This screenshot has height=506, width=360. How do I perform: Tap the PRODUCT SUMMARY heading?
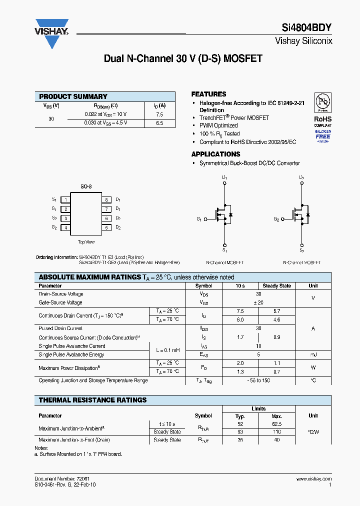(x=73, y=96)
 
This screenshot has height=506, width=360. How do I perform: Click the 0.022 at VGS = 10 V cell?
(x=105, y=114)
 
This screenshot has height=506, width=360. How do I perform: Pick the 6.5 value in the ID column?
(x=159, y=122)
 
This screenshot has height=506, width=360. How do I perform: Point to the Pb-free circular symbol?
(x=322, y=102)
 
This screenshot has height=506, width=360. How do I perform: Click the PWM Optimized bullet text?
(x=218, y=125)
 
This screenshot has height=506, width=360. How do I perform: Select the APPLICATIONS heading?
(x=215, y=154)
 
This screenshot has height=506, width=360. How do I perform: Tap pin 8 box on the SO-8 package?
(x=106, y=199)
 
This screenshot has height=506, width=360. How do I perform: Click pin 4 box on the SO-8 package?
(x=65, y=227)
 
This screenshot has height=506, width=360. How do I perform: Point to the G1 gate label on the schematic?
(x=199, y=219)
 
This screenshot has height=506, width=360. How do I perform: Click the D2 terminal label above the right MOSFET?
(x=301, y=177)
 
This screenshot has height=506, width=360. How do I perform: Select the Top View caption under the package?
(x=86, y=242)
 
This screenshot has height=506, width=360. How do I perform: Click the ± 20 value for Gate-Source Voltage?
(x=258, y=302)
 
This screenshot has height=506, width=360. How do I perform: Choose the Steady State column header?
(x=276, y=286)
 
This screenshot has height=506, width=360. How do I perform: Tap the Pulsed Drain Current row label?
(x=60, y=328)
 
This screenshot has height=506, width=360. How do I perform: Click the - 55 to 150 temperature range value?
(x=258, y=380)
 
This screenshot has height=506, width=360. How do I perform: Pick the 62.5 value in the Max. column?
(x=276, y=423)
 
